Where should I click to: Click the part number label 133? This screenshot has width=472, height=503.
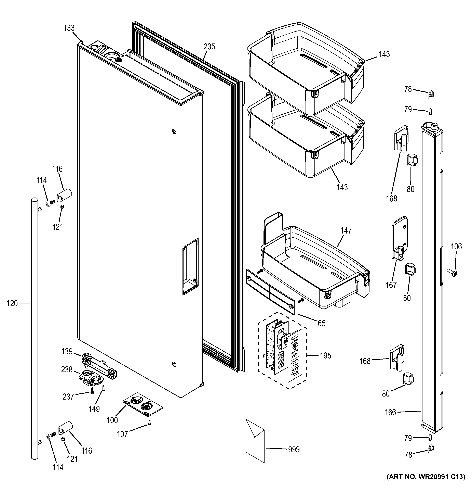(x=69, y=28)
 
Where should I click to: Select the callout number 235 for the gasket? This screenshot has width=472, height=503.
(x=209, y=47)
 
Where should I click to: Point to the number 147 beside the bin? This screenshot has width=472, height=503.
(x=346, y=230)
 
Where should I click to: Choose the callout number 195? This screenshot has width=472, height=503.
(x=325, y=356)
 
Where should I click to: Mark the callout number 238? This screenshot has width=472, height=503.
(x=67, y=370)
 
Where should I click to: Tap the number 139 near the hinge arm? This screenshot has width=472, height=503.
(x=67, y=351)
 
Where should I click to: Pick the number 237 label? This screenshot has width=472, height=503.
(x=68, y=397)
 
